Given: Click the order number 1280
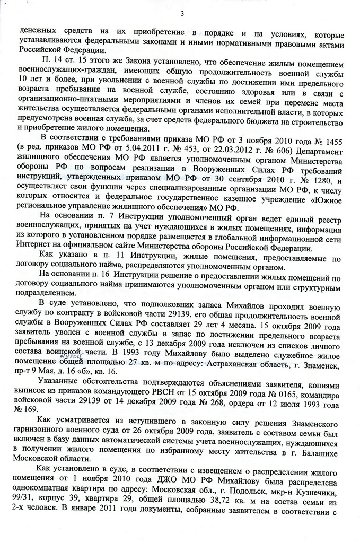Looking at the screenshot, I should [x=311, y=181].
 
